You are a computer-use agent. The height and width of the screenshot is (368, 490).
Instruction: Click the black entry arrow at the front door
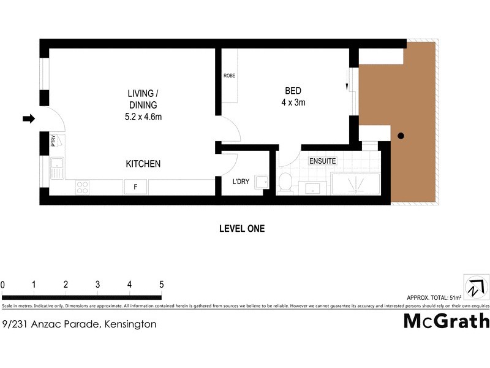pyautogui.click(x=29, y=118)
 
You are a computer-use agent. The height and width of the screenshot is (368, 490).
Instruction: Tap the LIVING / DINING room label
pyautogui.click(x=143, y=105)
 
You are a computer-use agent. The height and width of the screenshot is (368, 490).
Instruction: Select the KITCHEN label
pyautogui.click(x=143, y=164)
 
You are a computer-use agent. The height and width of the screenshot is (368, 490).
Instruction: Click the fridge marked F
pyautogui.click(x=135, y=187)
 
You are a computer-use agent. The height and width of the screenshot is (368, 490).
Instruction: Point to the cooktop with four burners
pyautogui.click(x=82, y=187)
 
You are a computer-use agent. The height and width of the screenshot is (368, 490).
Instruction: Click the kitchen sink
pyautogui.click(x=56, y=167)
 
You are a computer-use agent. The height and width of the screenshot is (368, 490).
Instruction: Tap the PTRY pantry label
pyautogui.click(x=54, y=140)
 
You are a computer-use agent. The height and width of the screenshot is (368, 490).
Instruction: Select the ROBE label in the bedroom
pyautogui.click(x=229, y=75)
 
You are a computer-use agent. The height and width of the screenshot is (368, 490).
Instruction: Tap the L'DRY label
pyautogui.click(x=241, y=182)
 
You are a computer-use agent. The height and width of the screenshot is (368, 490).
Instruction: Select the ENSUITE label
pyautogui.click(x=322, y=161)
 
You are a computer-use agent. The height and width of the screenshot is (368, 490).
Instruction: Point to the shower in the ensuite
pyautogui.click(x=355, y=183)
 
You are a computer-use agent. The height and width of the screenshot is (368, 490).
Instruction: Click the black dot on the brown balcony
pyautogui.click(x=401, y=136)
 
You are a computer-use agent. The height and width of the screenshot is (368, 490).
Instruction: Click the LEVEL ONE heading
pyautogui.click(x=242, y=228)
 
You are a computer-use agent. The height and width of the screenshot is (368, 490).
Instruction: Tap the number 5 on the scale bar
pyautogui.click(x=162, y=285)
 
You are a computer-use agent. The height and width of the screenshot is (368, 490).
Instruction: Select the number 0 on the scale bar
pyautogui.click(x=2, y=285)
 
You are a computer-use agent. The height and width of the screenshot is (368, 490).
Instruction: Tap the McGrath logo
pyautogui.click(x=446, y=321)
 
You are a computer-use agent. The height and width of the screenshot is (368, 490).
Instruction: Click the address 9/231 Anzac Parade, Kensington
pyautogui.click(x=80, y=324)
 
